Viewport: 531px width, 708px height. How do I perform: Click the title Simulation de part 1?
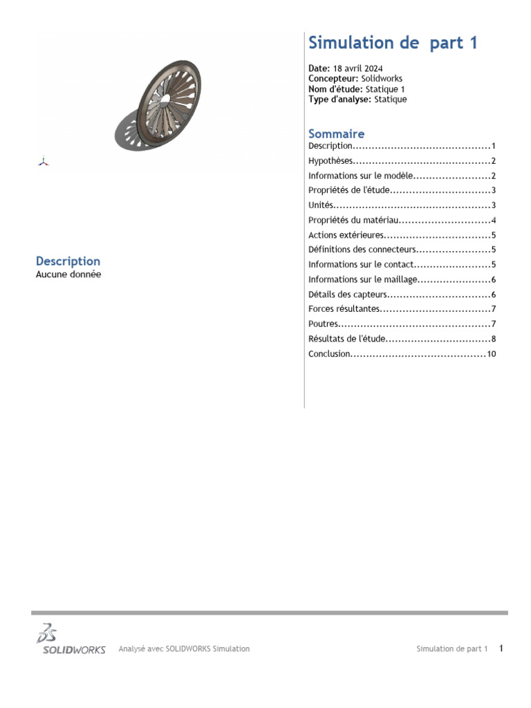point(393,43)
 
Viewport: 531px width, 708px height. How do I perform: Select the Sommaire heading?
point(336,133)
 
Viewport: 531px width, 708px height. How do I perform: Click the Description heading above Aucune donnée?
point(68,261)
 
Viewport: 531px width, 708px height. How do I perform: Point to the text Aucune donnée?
point(68,274)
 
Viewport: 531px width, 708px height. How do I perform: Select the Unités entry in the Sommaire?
point(321,205)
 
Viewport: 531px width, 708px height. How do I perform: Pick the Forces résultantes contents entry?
point(344,309)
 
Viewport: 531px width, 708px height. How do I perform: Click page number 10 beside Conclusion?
point(492,355)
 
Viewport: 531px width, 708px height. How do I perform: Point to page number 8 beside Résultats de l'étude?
point(494,339)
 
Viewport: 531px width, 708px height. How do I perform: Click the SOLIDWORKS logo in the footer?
point(71,640)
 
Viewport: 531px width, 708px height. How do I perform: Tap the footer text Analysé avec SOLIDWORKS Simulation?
point(184,649)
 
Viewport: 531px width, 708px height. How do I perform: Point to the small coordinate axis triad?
point(43,162)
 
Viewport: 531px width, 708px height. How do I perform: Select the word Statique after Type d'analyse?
point(391,100)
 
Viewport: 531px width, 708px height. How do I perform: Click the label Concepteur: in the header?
point(333,79)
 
